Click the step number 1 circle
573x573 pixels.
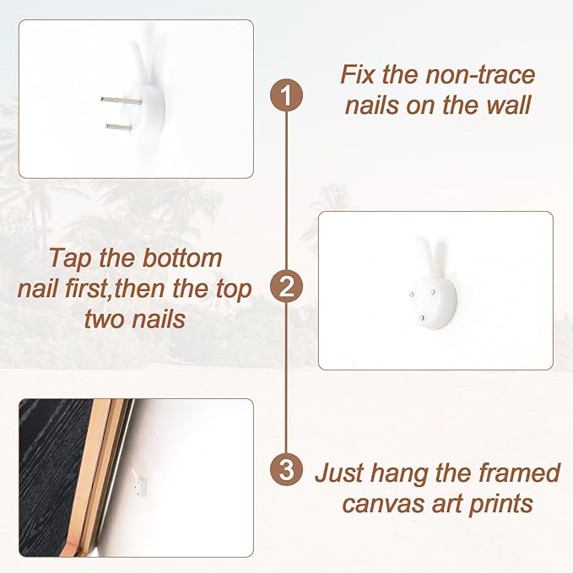(286, 95)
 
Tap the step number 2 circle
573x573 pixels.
(286, 286)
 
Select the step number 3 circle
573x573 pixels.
(286, 469)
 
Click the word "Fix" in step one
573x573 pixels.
(357, 74)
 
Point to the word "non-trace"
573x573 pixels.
(480, 75)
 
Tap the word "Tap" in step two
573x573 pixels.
(71, 259)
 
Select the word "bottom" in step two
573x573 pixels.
(182, 258)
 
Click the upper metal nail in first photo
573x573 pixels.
(121, 100)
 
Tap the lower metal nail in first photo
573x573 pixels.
(119, 127)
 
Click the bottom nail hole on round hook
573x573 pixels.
(423, 317)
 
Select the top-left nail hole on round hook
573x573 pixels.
(412, 295)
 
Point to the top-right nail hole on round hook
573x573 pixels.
(433, 292)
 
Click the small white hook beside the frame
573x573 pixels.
(138, 484)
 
